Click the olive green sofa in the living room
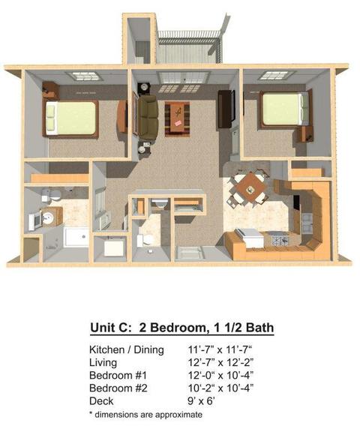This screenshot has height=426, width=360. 148,117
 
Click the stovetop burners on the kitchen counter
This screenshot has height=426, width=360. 280,240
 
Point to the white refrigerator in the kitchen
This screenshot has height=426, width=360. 250,238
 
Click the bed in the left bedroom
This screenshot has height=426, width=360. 70,118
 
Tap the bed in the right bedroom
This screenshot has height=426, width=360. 285,109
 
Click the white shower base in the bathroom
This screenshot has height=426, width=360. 76,237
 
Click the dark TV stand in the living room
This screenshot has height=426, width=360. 226,109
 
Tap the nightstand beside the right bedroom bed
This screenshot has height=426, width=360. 304,134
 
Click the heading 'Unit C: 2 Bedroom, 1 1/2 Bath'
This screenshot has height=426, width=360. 181,328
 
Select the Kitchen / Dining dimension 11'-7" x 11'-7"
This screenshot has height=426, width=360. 220,349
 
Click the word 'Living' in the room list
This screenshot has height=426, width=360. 103,363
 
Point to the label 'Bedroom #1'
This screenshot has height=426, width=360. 118,375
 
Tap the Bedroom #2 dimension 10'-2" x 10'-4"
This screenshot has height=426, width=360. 221,388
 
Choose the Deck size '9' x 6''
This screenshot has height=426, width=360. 201,401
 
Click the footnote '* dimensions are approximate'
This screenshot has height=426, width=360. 146,415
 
